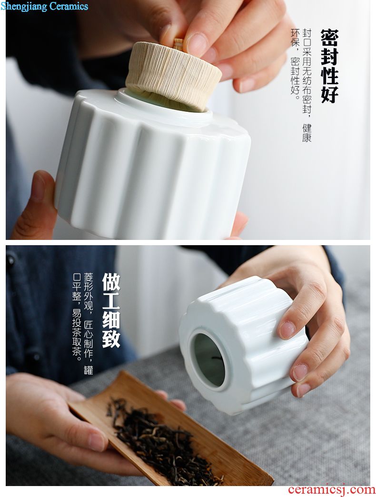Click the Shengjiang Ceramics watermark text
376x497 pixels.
coord(44,6)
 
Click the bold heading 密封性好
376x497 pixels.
coord(330,66)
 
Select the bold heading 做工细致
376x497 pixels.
coord(111,310)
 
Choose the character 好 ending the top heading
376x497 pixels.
coord(330,94)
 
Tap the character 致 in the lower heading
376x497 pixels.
coord(111,338)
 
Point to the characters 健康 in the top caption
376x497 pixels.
coord(307,133)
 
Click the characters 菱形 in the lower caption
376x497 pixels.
coord(89,283)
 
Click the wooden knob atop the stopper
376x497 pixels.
coord(178,43)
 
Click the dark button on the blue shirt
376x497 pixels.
coord(10,260)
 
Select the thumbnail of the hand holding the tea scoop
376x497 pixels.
coord(96,442)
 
